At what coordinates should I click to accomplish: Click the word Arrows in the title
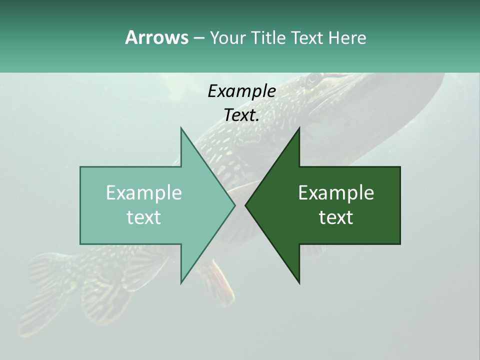point(156,37)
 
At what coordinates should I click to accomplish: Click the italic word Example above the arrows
point(241,91)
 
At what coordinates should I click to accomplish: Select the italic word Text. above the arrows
point(241,115)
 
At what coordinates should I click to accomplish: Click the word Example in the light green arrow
point(144,193)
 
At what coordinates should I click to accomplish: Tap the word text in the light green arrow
point(144,217)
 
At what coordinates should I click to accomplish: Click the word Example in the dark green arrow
point(336,193)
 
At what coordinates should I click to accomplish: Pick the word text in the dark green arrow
point(336,217)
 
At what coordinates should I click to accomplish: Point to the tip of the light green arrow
point(235,205)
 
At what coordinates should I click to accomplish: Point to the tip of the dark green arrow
point(245,205)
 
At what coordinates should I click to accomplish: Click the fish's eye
point(312,78)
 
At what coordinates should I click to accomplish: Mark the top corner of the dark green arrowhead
point(299,127)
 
